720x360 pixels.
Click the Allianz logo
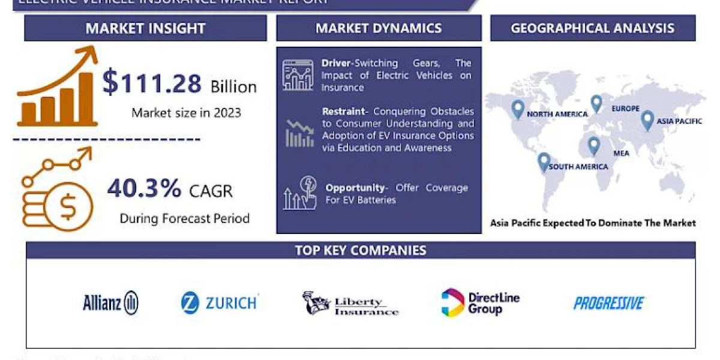point(110,303)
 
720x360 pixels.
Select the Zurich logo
point(220,302)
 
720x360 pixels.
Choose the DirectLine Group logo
point(480,303)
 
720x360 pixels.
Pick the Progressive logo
point(608,303)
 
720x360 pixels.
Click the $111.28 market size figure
point(152,82)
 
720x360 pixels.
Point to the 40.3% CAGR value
point(145,189)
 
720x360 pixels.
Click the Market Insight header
point(145,28)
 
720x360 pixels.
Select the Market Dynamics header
point(379,28)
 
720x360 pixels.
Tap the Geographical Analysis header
point(593,28)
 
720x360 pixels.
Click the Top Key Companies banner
point(361,250)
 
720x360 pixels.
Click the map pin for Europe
point(596,104)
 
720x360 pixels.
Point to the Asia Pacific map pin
point(647,120)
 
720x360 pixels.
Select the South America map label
point(578,167)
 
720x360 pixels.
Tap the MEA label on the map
point(621,154)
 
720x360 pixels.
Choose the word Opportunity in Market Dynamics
point(355,188)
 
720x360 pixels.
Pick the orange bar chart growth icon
point(57,90)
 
